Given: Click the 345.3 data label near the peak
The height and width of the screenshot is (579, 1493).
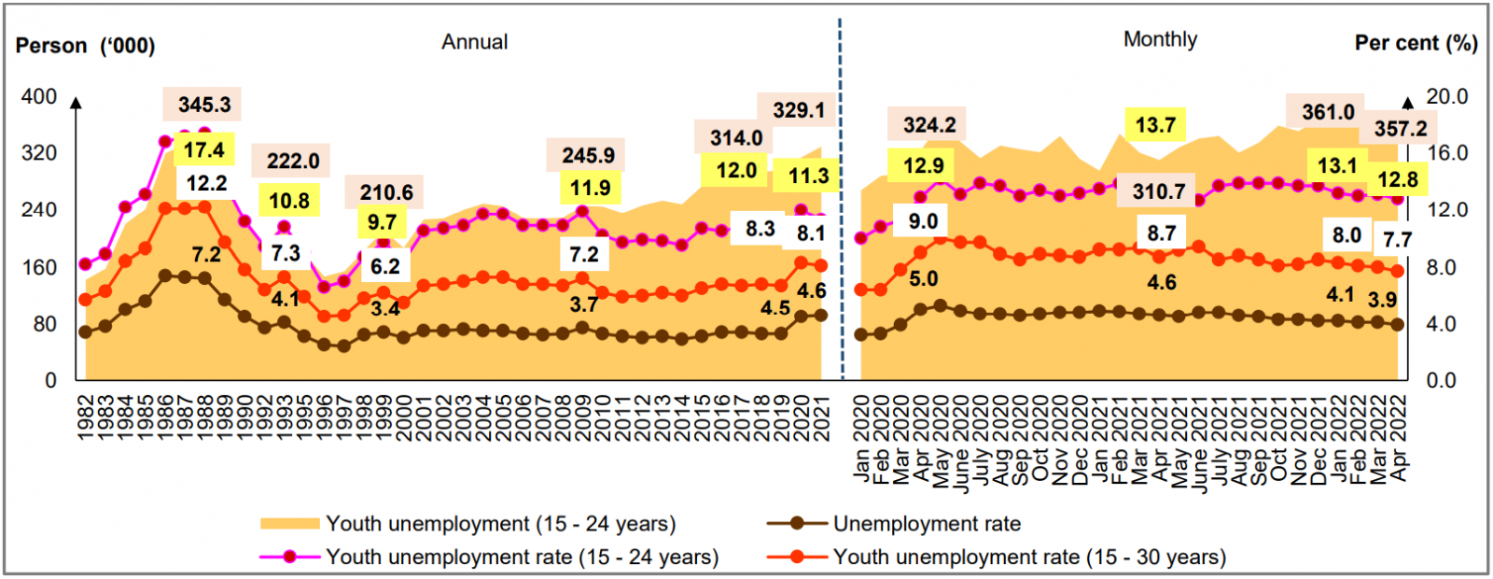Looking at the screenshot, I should pos(204,105).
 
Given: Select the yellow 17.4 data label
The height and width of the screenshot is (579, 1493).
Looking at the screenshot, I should pos(203,150).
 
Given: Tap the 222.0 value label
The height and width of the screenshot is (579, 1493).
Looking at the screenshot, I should pos(293,162).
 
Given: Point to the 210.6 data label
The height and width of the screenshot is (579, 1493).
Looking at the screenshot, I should pos(386,192).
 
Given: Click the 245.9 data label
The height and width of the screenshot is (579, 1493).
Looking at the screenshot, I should pos(588,156).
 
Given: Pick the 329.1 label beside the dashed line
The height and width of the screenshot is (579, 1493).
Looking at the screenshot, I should pos(799,110).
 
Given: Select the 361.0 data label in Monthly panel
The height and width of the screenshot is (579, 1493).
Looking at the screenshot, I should pos(1328,112).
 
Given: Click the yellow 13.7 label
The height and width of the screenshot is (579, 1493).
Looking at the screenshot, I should pos(1155,125).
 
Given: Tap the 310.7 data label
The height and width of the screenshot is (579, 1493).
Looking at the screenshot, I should pos(1159,191).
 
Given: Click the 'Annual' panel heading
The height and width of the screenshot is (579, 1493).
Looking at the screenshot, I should pos(475,42).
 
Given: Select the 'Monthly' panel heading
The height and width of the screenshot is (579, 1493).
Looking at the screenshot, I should pos(1160,39).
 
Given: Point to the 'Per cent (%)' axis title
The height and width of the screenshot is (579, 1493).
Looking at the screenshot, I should pos(1416,43).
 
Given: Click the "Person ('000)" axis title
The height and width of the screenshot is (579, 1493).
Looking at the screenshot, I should pos(85,46).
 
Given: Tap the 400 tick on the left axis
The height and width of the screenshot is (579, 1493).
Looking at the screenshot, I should pos(39,97).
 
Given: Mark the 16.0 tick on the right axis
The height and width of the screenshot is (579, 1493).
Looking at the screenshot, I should pos(1447,153).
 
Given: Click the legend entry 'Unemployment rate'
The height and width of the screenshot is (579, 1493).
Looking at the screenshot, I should pos(927,524).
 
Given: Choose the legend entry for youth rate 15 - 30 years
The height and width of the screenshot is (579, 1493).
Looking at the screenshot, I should pos(1029,558).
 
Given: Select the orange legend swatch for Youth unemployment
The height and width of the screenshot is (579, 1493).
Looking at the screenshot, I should pos(290,524).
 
